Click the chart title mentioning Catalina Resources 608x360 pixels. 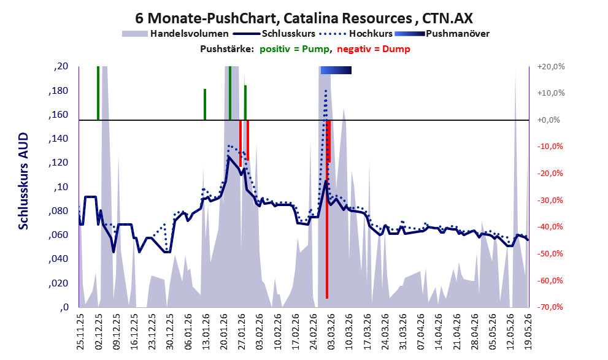304,18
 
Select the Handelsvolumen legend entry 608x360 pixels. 175,34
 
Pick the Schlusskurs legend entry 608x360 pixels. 274,34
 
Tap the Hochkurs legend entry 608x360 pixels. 356,34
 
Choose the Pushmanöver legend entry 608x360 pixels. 442,34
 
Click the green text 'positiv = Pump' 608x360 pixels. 295,49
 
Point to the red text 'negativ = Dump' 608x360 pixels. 374,49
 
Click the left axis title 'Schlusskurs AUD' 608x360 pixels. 24,181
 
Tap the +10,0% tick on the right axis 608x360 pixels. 551,93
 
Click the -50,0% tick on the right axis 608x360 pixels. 550,253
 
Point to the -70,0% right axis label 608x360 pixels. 550,307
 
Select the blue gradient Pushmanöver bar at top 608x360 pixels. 336,70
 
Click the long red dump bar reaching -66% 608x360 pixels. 327,209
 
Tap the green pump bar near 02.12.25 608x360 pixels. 98,93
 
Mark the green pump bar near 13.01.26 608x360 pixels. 205,105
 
